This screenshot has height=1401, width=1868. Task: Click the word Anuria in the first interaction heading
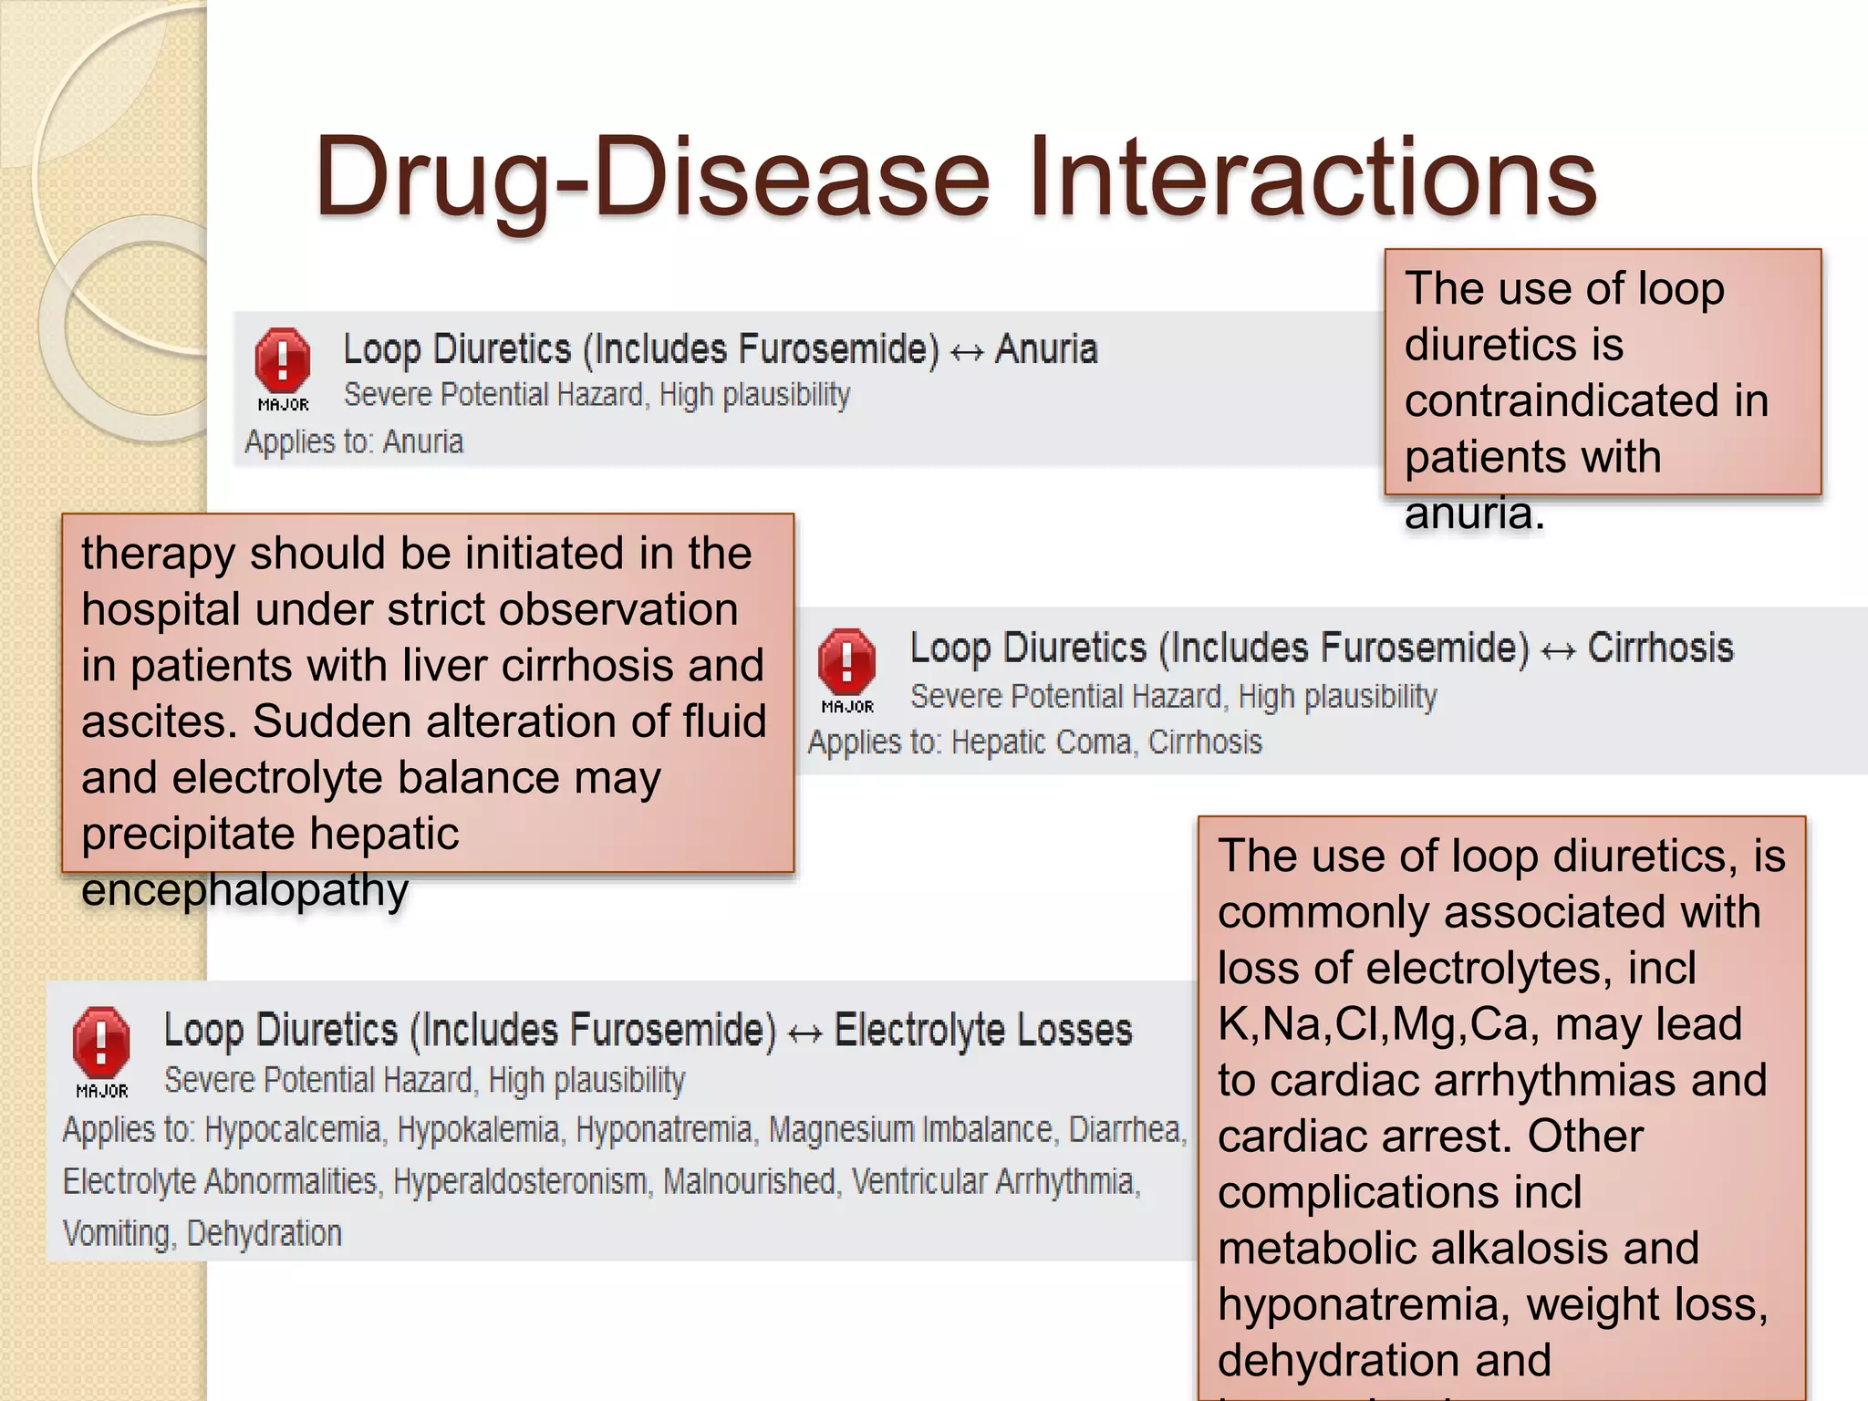click(x=1046, y=349)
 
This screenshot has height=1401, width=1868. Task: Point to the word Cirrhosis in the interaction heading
click(x=1660, y=649)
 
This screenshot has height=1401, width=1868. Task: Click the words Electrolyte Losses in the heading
click(x=983, y=1031)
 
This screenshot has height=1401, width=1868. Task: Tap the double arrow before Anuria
click(x=967, y=353)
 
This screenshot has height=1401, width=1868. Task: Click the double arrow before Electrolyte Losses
click(x=804, y=1034)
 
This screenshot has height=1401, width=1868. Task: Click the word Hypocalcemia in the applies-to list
click(x=293, y=1130)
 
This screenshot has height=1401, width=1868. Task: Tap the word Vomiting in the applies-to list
click(x=117, y=1234)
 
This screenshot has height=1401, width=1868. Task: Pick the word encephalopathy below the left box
click(x=244, y=890)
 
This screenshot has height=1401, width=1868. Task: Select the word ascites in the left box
click(x=153, y=721)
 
